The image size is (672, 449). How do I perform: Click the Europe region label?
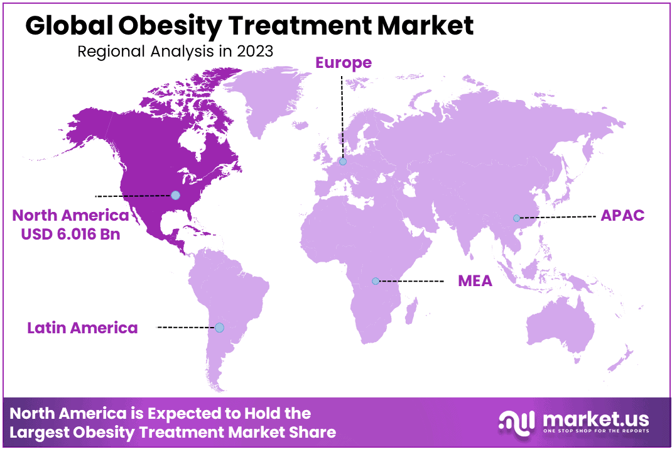coord(344,63)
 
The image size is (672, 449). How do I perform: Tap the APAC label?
coord(622,215)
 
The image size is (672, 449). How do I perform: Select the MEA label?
coord(475,280)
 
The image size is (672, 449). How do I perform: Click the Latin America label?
coord(82,328)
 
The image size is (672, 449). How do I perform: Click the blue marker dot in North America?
coord(175,195)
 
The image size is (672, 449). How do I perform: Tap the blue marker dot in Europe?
coord(342,162)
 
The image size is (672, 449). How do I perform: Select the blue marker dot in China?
coord(516,218)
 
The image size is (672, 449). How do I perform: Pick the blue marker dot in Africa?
coord(376,281)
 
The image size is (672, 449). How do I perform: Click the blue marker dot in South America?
coord(219,328)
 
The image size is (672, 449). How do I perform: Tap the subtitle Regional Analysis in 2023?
coord(175,51)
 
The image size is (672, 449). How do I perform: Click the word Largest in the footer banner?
coord(42,433)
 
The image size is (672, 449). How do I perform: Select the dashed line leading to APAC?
coord(556,217)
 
